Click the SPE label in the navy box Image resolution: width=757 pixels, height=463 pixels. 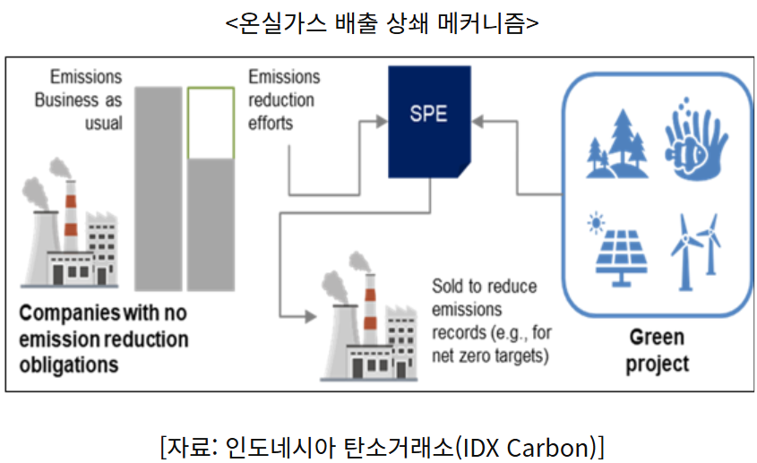(428, 114)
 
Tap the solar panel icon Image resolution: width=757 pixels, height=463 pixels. (621, 257)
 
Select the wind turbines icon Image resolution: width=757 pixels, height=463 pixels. (695, 252)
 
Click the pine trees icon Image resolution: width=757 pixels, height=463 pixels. (617, 143)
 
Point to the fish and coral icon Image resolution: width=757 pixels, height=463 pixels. (695, 139)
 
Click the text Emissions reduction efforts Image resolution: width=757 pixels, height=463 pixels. (284, 100)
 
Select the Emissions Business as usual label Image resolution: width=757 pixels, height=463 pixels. (79, 100)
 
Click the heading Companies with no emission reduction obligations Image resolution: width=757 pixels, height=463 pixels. (103, 339)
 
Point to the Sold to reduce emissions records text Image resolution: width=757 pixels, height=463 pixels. (492, 322)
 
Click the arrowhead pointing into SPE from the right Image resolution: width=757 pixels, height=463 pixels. (477, 121)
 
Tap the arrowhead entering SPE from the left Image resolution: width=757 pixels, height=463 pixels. (382, 121)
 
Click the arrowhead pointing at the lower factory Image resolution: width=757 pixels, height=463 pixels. (311, 317)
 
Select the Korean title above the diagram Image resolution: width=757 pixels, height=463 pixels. (382, 22)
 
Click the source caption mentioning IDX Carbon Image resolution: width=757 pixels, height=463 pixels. (382, 447)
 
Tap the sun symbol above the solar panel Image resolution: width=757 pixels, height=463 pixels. (596, 223)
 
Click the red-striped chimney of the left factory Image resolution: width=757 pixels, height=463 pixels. (71, 215)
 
